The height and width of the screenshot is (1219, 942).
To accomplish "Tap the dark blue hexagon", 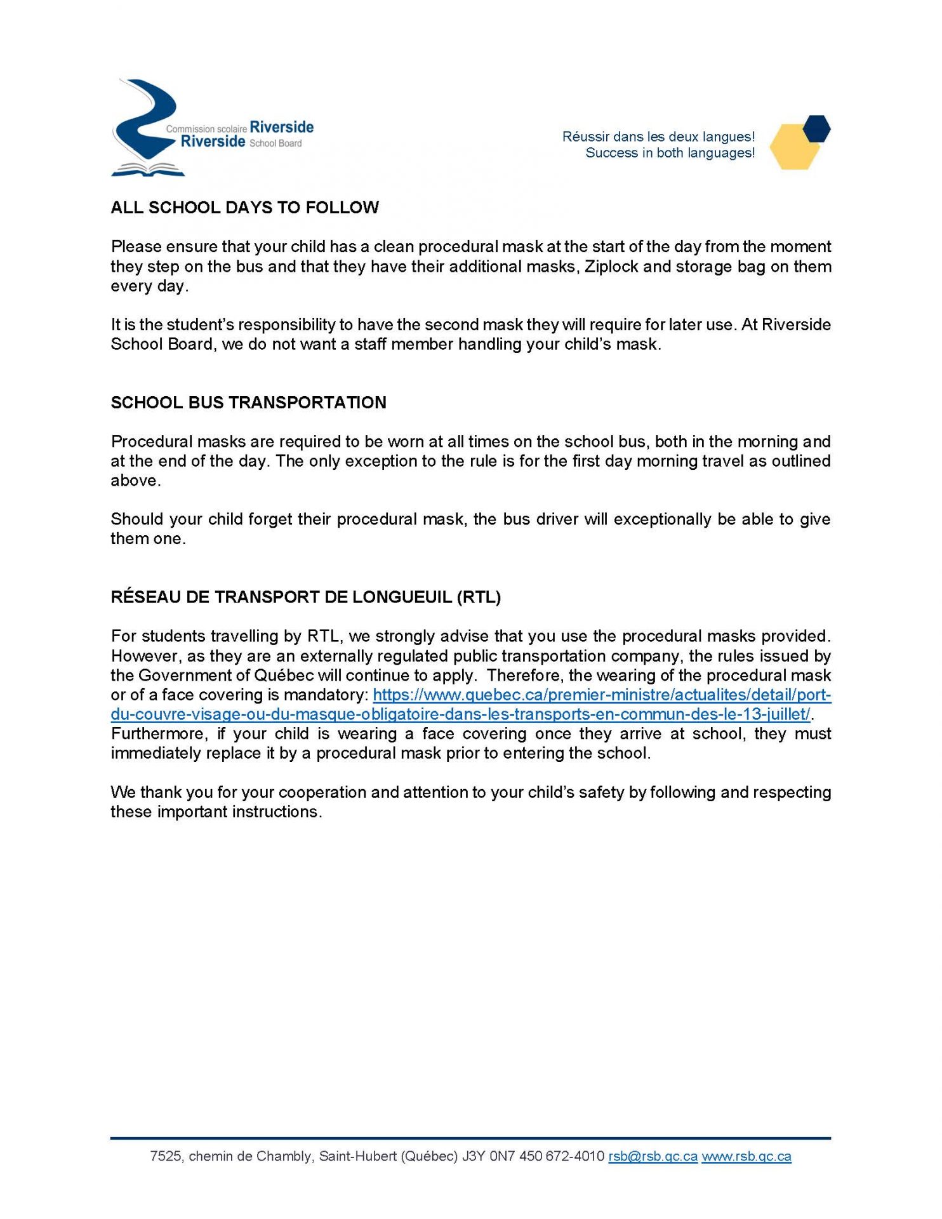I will pyautogui.click(x=816, y=128).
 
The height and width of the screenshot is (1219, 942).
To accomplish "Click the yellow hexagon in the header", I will pyautogui.click(x=793, y=148).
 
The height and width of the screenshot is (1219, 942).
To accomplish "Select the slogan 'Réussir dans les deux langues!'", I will pyautogui.click(x=658, y=137).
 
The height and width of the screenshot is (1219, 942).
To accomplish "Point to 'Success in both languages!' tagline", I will pyautogui.click(x=670, y=153).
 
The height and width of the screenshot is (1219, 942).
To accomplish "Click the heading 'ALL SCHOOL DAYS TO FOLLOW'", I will pyautogui.click(x=244, y=208).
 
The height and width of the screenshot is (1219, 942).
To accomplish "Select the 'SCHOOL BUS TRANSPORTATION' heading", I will pyautogui.click(x=248, y=403).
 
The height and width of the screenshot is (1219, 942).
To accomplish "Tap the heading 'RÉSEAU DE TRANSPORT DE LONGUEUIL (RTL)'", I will pyautogui.click(x=305, y=597).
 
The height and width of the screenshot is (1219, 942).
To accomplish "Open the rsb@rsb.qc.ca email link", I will pyautogui.click(x=653, y=1156).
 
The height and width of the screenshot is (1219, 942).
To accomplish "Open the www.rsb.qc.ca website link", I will pyautogui.click(x=746, y=1156).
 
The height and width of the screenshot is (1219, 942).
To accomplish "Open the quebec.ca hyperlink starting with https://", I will pyautogui.click(x=602, y=695).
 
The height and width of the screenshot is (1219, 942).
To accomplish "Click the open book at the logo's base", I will pyautogui.click(x=148, y=170).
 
